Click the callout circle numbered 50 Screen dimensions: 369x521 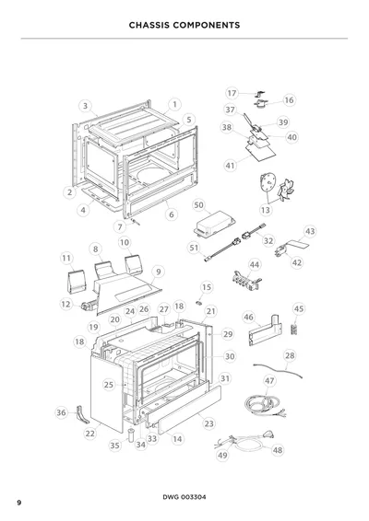point(198,205)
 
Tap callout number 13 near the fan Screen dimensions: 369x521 point(266,210)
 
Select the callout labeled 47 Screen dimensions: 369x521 point(269,380)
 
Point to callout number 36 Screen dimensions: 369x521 point(61,412)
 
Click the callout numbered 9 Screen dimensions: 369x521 point(158,272)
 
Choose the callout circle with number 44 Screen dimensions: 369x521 point(255,265)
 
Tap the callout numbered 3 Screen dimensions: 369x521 point(85,106)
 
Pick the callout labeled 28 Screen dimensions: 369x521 point(290,355)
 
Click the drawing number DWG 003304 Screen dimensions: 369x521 point(184,497)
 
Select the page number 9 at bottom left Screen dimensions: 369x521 point(19,503)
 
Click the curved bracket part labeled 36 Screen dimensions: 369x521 point(82,415)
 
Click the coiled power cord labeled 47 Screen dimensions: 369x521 point(263,405)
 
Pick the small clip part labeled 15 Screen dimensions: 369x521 point(199,303)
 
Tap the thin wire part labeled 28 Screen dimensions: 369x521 point(278,371)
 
